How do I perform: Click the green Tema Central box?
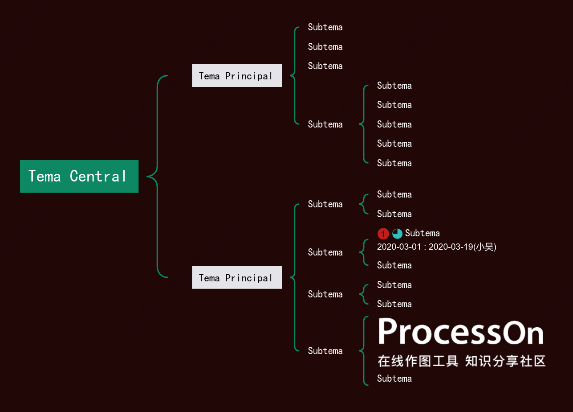pos(79,176)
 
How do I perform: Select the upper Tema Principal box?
pos(237,76)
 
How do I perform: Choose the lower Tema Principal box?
pos(237,277)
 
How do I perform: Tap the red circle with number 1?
pos(383,233)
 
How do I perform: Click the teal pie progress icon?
pos(397,233)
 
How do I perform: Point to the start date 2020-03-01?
pos(399,247)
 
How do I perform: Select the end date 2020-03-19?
pos(451,247)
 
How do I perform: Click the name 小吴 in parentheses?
pos(484,247)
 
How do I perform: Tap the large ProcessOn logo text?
pos(461,331)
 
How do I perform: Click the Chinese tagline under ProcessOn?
pos(462,361)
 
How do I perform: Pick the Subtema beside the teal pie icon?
pos(423,233)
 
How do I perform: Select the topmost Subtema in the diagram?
pos(325,27)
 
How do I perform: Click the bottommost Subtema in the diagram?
pos(394,379)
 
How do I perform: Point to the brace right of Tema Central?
pos(157,176)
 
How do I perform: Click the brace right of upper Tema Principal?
pos(295,76)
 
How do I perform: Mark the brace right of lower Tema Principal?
pos(295,277)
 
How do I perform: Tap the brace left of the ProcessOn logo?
pos(364,351)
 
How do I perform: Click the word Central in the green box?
pos(98,176)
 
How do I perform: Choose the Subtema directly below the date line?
pos(394,265)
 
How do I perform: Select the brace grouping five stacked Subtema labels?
pos(364,124)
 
